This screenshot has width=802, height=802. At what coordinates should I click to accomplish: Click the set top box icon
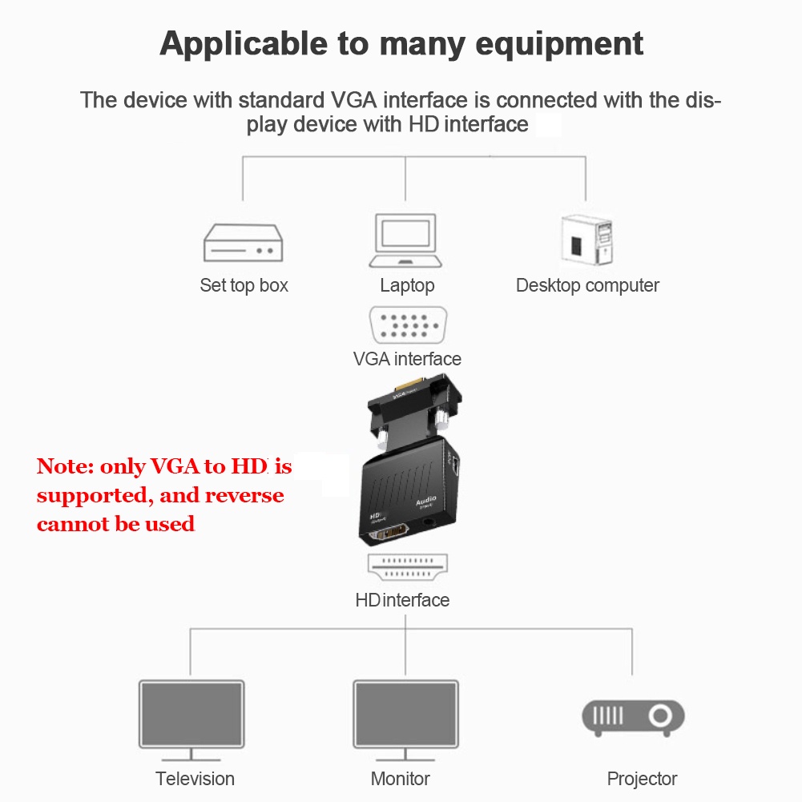(x=243, y=243)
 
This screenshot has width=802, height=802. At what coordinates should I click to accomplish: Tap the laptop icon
(x=405, y=240)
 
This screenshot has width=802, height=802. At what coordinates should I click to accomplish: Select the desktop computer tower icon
(x=586, y=240)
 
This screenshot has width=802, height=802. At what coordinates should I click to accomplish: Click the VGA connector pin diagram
(x=408, y=324)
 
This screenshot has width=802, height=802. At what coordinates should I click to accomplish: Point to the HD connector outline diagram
(x=408, y=567)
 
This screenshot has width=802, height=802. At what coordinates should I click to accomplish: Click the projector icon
(x=633, y=718)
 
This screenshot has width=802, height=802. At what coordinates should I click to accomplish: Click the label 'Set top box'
(x=244, y=285)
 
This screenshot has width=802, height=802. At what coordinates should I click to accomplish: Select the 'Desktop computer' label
(x=587, y=285)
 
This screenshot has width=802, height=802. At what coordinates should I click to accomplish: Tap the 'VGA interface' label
(x=407, y=359)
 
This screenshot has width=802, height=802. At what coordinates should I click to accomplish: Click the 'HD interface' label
(x=402, y=600)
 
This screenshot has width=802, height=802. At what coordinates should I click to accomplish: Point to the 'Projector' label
(x=642, y=779)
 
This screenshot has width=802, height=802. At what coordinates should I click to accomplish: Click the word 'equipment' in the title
(x=559, y=45)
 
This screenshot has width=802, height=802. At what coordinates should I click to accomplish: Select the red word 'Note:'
(x=66, y=466)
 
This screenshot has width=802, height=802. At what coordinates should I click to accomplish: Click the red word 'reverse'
(x=244, y=496)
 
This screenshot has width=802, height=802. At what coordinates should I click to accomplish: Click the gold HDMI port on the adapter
(x=390, y=534)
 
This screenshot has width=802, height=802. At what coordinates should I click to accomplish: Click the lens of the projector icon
(x=660, y=715)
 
